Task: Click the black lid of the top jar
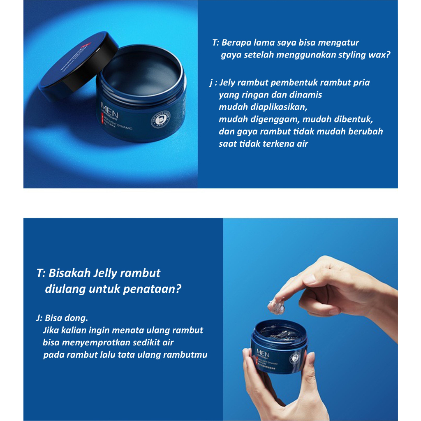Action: pyautogui.click(x=78, y=66)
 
